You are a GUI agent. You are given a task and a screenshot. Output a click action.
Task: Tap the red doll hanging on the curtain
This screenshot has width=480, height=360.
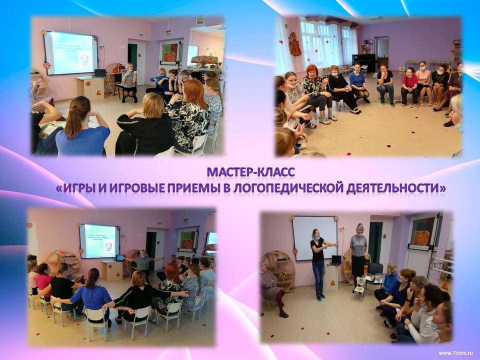coord(295,44)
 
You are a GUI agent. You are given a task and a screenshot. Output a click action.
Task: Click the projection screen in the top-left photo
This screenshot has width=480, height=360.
coord(70,52)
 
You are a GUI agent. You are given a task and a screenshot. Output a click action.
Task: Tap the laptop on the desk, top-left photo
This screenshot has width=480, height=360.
coord(100,73)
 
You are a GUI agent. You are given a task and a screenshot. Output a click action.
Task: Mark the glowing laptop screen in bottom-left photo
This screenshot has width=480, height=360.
coord(120,257)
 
